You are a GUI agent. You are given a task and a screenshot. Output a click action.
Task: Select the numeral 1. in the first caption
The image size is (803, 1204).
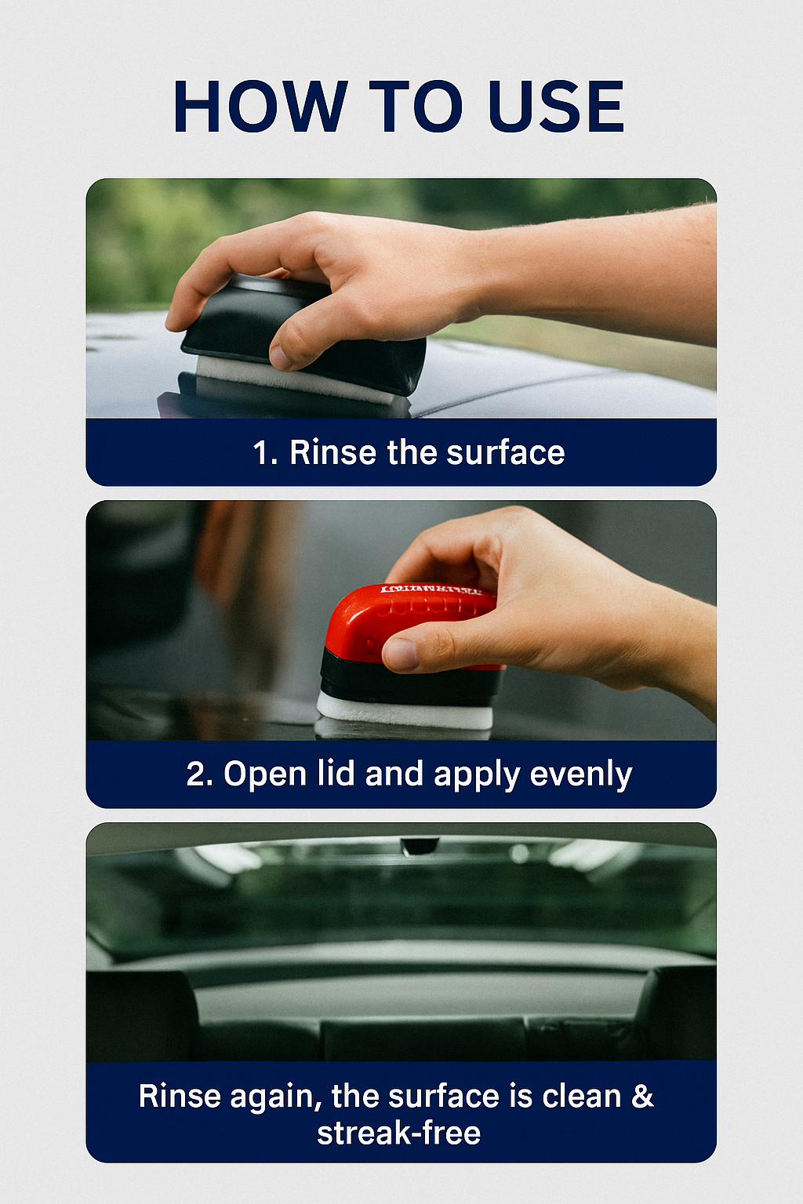(x=265, y=453)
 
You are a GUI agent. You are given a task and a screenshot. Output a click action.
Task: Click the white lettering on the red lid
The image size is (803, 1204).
(x=431, y=589)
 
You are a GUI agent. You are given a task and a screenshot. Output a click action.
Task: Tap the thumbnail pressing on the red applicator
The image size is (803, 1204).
(x=401, y=654)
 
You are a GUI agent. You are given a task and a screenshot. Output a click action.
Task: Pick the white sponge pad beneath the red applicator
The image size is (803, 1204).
(x=404, y=711)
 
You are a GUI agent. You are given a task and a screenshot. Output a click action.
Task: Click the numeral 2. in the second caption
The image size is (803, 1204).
(x=200, y=774)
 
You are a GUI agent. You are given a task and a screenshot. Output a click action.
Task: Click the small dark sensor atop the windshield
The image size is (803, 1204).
(x=419, y=846)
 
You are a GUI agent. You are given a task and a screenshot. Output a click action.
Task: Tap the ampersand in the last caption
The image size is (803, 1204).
(x=642, y=1096)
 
